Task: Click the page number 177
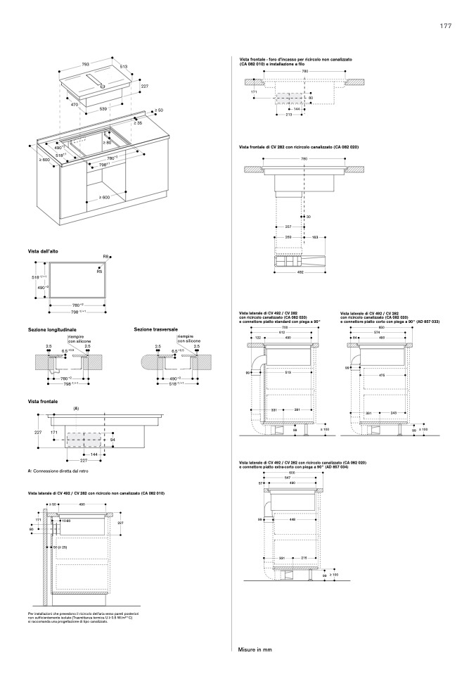445,26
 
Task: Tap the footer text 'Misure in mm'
255,649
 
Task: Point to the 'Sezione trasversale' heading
155,329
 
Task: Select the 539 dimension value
103,108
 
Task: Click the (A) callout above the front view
76,408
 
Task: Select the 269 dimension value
288,237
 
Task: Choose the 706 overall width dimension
284,328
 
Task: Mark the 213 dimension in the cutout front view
289,115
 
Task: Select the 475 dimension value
382,376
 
